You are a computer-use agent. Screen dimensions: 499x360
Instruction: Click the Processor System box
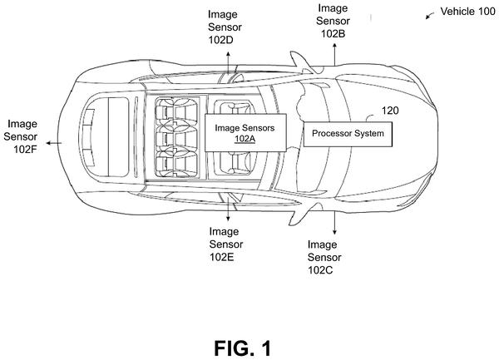tap(348, 134)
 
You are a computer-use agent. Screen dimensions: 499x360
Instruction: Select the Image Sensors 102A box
tap(245, 133)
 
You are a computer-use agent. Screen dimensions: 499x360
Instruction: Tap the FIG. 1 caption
tap(243, 348)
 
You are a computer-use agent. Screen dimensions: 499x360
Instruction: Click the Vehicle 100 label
tap(467, 12)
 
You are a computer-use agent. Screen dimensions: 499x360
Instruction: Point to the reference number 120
tap(390, 111)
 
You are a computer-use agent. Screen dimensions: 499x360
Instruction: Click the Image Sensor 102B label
tap(333, 21)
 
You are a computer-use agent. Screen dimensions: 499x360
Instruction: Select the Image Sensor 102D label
tap(225, 27)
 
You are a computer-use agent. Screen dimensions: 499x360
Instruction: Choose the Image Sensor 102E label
tap(226, 244)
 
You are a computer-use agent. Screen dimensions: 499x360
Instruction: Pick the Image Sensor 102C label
tap(324, 257)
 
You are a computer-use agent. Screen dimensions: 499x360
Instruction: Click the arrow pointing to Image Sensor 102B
tap(334, 55)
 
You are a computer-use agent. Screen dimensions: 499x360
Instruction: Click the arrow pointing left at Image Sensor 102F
tap(54, 143)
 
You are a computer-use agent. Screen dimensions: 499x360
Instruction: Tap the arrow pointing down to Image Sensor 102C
tap(334, 223)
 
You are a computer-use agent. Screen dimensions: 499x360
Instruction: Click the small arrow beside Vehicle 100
tap(430, 16)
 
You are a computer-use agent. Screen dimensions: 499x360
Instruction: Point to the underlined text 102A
tap(245, 140)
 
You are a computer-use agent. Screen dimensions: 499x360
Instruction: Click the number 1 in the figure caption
tap(266, 348)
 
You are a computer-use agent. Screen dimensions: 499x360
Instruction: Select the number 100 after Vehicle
tap(487, 12)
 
